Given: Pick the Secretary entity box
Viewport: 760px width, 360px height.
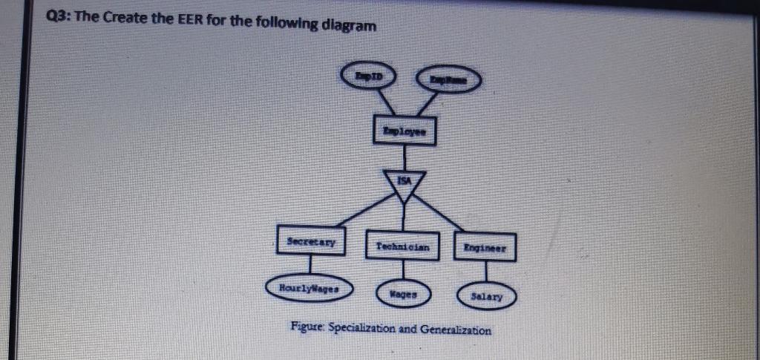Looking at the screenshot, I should [309, 240].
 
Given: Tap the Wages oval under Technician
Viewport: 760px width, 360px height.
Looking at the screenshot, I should [404, 294].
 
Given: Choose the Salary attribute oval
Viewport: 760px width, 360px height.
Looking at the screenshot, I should [486, 296].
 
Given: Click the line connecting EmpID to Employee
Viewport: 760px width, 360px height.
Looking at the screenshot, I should [385, 100].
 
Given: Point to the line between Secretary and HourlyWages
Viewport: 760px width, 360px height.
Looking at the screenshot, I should [310, 264].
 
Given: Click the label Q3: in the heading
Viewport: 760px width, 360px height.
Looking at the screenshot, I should [59, 18].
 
